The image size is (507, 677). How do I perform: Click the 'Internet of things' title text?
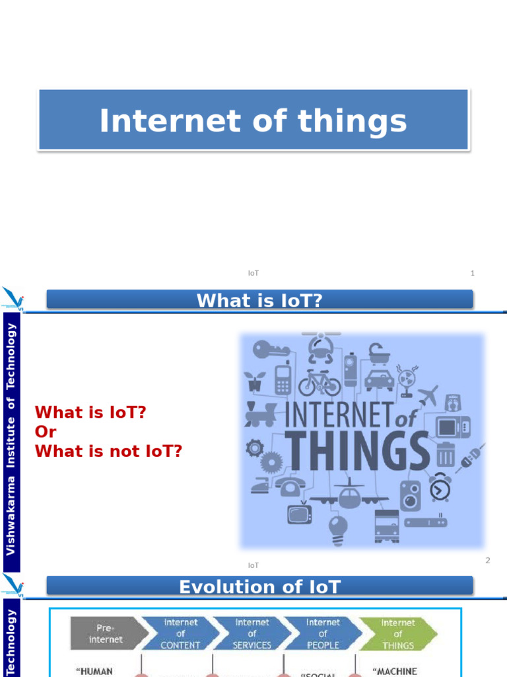click(253, 122)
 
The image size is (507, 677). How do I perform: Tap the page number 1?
click(472, 273)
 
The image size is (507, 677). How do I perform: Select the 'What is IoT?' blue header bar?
click(259, 300)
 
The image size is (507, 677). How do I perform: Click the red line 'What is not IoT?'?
click(108, 452)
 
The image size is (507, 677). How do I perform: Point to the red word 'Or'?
click(45, 432)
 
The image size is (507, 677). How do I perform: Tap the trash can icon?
click(446, 454)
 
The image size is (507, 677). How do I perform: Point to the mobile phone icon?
click(283, 379)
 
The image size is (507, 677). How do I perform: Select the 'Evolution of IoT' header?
click(259, 586)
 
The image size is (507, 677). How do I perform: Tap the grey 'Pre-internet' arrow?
click(106, 634)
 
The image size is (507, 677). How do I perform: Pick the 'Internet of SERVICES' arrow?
click(252, 634)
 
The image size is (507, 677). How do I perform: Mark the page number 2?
click(488, 561)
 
